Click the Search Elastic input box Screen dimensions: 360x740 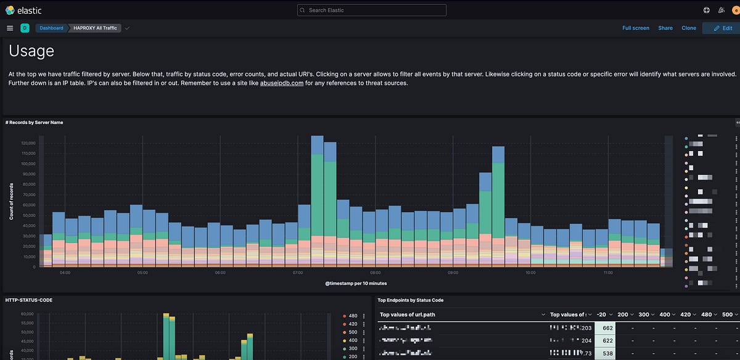tap(371, 10)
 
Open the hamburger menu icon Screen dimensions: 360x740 tap(10, 28)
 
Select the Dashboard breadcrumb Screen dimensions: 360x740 tap(51, 28)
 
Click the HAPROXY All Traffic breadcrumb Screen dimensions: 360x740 tap(94, 28)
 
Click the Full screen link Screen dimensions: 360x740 tap(635, 28)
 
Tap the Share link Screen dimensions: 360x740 tap(665, 28)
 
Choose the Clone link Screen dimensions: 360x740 tap(689, 28)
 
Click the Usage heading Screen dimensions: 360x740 tap(31, 51)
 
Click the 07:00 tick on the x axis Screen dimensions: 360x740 tap(297, 272)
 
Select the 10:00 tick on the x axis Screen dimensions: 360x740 tap(530, 272)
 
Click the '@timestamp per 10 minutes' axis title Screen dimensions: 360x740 tap(356, 283)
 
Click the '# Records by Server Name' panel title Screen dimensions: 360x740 tap(34, 122)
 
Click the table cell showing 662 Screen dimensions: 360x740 tap(607, 328)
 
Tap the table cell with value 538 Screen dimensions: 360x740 tap(607, 354)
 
